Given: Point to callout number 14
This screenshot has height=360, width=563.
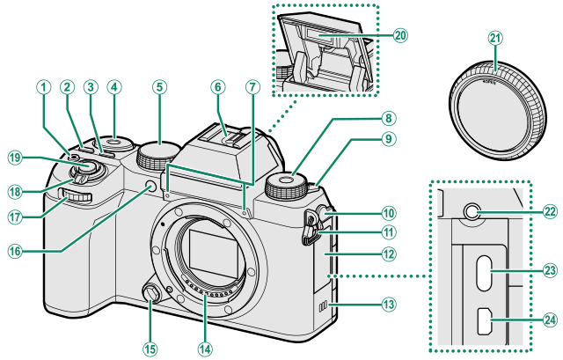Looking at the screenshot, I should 206,347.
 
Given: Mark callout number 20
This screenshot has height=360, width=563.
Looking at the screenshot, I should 400,36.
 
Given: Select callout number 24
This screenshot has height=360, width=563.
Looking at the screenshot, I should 550,320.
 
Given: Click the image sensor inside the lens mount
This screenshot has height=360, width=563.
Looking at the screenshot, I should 207,258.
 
